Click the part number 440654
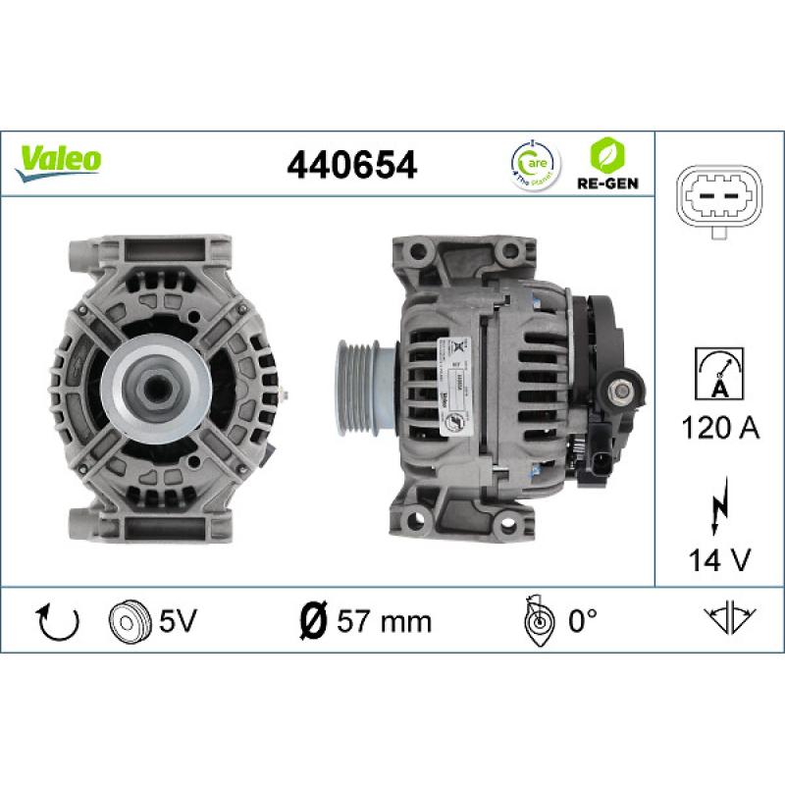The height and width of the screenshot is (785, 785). (350, 163)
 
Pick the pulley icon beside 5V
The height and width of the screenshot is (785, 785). (127, 620)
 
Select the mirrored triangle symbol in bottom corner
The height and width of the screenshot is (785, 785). (727, 619)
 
